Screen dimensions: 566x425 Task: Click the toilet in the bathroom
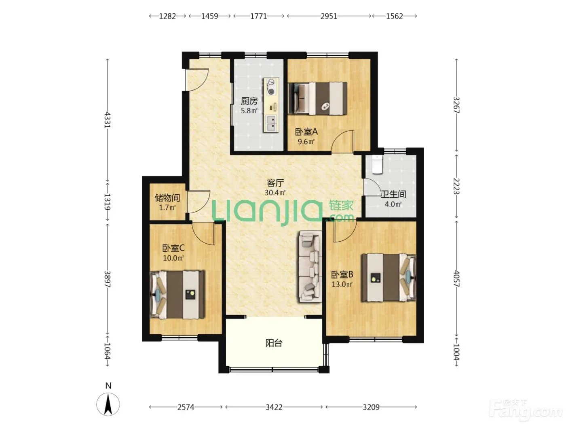377,164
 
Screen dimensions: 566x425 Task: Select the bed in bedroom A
317,98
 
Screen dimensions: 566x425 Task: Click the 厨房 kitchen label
249,101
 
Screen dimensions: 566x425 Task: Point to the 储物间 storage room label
167,198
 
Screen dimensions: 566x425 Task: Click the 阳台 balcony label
274,343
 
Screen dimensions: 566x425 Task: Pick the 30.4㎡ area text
275,193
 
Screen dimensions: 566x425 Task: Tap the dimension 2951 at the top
329,16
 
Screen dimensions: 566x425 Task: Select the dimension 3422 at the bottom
274,407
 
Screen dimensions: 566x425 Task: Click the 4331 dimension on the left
107,120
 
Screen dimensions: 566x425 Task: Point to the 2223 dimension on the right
456,186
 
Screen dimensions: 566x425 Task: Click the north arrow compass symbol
108,404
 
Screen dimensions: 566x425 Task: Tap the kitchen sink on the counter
271,123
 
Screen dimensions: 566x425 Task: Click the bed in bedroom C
177,294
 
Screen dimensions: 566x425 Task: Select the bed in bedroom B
389,278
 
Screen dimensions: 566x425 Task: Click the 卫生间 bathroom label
393,194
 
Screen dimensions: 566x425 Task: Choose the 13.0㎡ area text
342,285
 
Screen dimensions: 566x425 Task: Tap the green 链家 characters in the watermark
341,205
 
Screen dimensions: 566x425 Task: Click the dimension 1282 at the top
167,16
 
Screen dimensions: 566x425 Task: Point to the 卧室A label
306,132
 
